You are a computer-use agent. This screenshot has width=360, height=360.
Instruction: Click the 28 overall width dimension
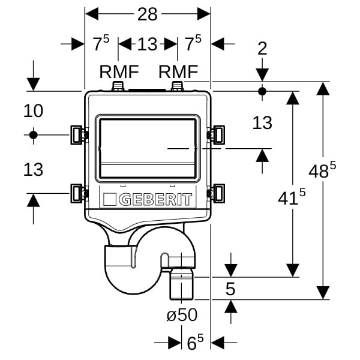(147, 14)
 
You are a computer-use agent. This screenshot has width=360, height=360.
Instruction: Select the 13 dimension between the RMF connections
(147, 44)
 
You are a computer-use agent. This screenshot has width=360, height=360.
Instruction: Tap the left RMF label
(119, 71)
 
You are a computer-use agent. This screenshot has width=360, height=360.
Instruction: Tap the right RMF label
(178, 71)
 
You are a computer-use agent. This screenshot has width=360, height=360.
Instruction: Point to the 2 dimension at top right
(262, 49)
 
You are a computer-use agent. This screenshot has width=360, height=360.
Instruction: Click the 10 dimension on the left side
(34, 110)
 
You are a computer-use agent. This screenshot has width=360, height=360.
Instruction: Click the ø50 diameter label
(181, 315)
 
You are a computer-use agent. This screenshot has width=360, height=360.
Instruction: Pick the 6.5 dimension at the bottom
(194, 343)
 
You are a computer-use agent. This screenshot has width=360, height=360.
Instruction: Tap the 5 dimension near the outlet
(230, 289)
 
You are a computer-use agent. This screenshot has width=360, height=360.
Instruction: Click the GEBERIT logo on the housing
(148, 199)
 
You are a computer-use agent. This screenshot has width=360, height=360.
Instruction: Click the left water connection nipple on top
(119, 88)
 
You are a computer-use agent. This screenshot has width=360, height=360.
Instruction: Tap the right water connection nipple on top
(178, 88)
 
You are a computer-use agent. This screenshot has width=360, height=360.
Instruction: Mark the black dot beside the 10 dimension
(33, 134)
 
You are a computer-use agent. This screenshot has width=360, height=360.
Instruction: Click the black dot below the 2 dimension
(262, 91)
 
